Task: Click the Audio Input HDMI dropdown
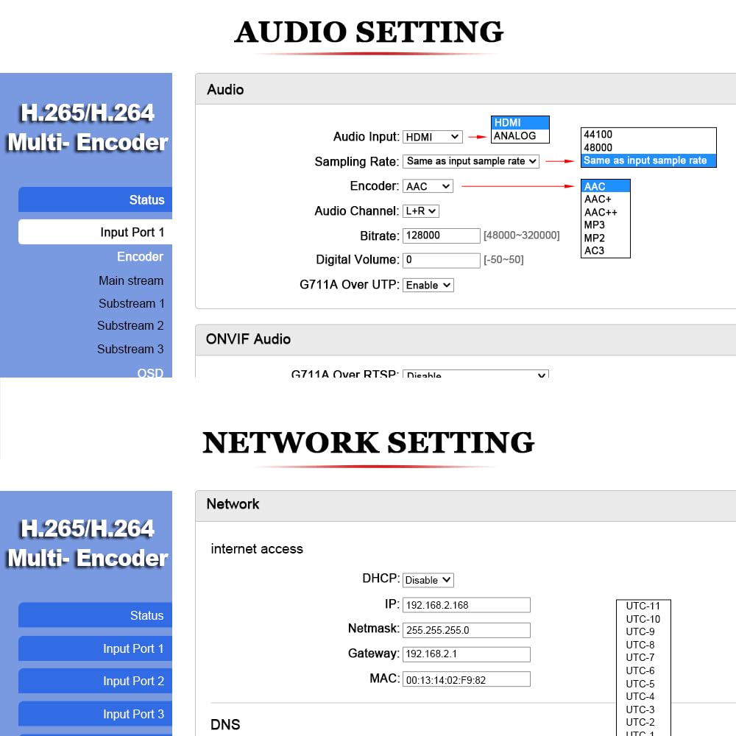coord(433,137)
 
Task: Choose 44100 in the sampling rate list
coord(598,135)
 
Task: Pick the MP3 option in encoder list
coord(595,225)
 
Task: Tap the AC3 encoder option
coord(594,251)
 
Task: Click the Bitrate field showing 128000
coord(442,236)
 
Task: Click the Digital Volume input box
coord(442,260)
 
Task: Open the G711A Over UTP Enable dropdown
coord(428,285)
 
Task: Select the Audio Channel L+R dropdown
coord(421,211)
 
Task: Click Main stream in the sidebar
coord(131,280)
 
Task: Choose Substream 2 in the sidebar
coord(130,326)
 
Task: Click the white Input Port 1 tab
coord(96,232)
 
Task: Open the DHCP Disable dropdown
coord(428,580)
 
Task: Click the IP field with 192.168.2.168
coord(467,605)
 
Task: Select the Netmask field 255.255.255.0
coord(467,630)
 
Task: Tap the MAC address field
coord(467,679)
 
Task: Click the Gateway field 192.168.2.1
coord(467,654)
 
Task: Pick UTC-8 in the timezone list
coord(640,645)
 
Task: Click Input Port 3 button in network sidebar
coord(96,714)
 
